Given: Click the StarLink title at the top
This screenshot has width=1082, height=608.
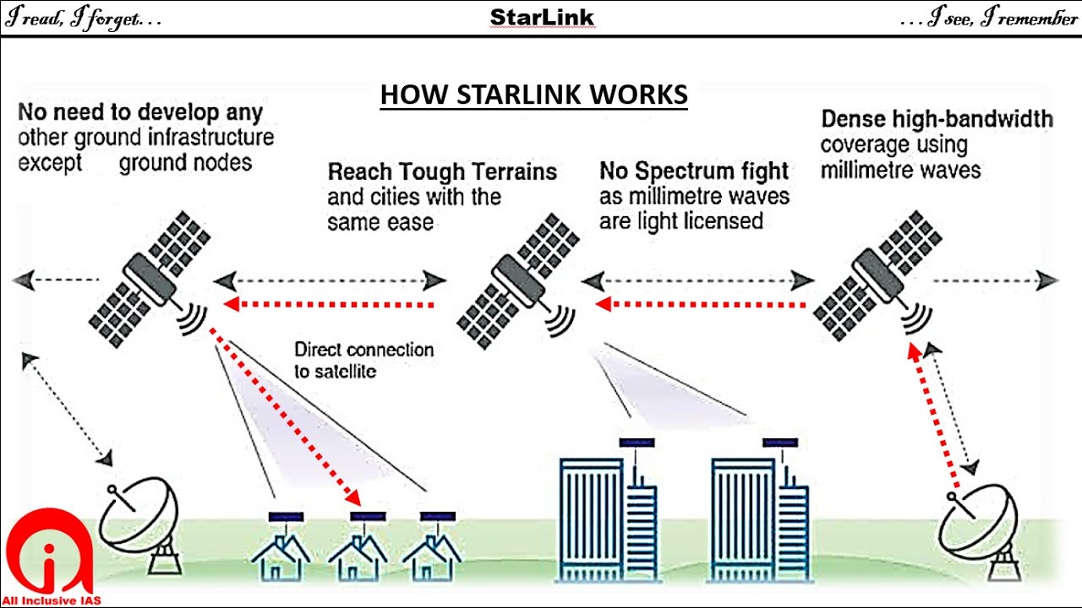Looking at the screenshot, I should coord(542,18).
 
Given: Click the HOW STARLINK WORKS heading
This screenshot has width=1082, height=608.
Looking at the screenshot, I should coord(533,95).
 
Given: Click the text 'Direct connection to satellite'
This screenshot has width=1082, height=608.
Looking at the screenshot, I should coord(363,360).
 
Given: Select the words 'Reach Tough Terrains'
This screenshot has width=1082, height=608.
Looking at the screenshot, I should coord(442,172).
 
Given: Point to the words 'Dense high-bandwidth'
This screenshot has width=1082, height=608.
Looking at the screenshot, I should coord(937,119).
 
